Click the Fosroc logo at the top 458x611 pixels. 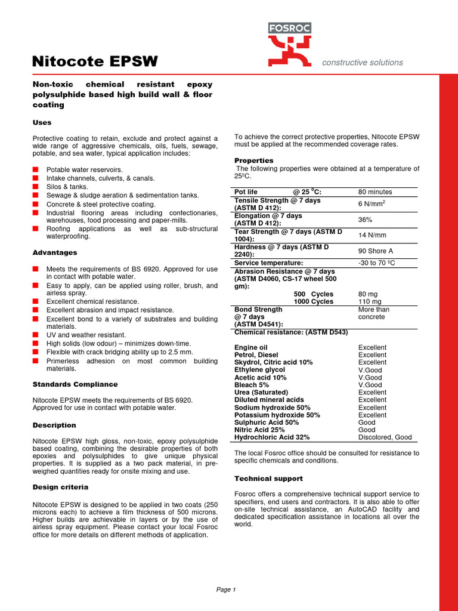tap(289, 44)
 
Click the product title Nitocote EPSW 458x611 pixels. tap(95, 61)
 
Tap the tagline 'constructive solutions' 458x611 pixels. tap(362, 63)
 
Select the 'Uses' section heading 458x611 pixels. tap(42, 122)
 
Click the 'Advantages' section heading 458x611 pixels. tap(55, 252)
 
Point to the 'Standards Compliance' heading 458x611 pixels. tap(75, 384)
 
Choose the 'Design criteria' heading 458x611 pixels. tap(60, 487)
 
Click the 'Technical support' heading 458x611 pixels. tap(268, 479)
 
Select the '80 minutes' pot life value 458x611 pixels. tap(375, 192)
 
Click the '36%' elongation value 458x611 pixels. tap(366, 220)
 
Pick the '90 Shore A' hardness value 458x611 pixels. tap(376, 251)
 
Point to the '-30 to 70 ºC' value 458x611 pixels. tap(376, 263)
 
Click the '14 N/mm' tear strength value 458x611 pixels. tap(373, 236)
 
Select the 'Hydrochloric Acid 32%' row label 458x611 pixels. tap(272, 437)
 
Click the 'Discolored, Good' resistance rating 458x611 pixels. tap(385, 437)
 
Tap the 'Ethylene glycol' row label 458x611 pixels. tap(259, 370)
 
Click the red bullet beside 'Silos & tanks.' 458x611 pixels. tap(36, 187)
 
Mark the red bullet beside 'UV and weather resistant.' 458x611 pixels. tap(36, 335)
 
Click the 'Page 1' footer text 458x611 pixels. tap(226, 590)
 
